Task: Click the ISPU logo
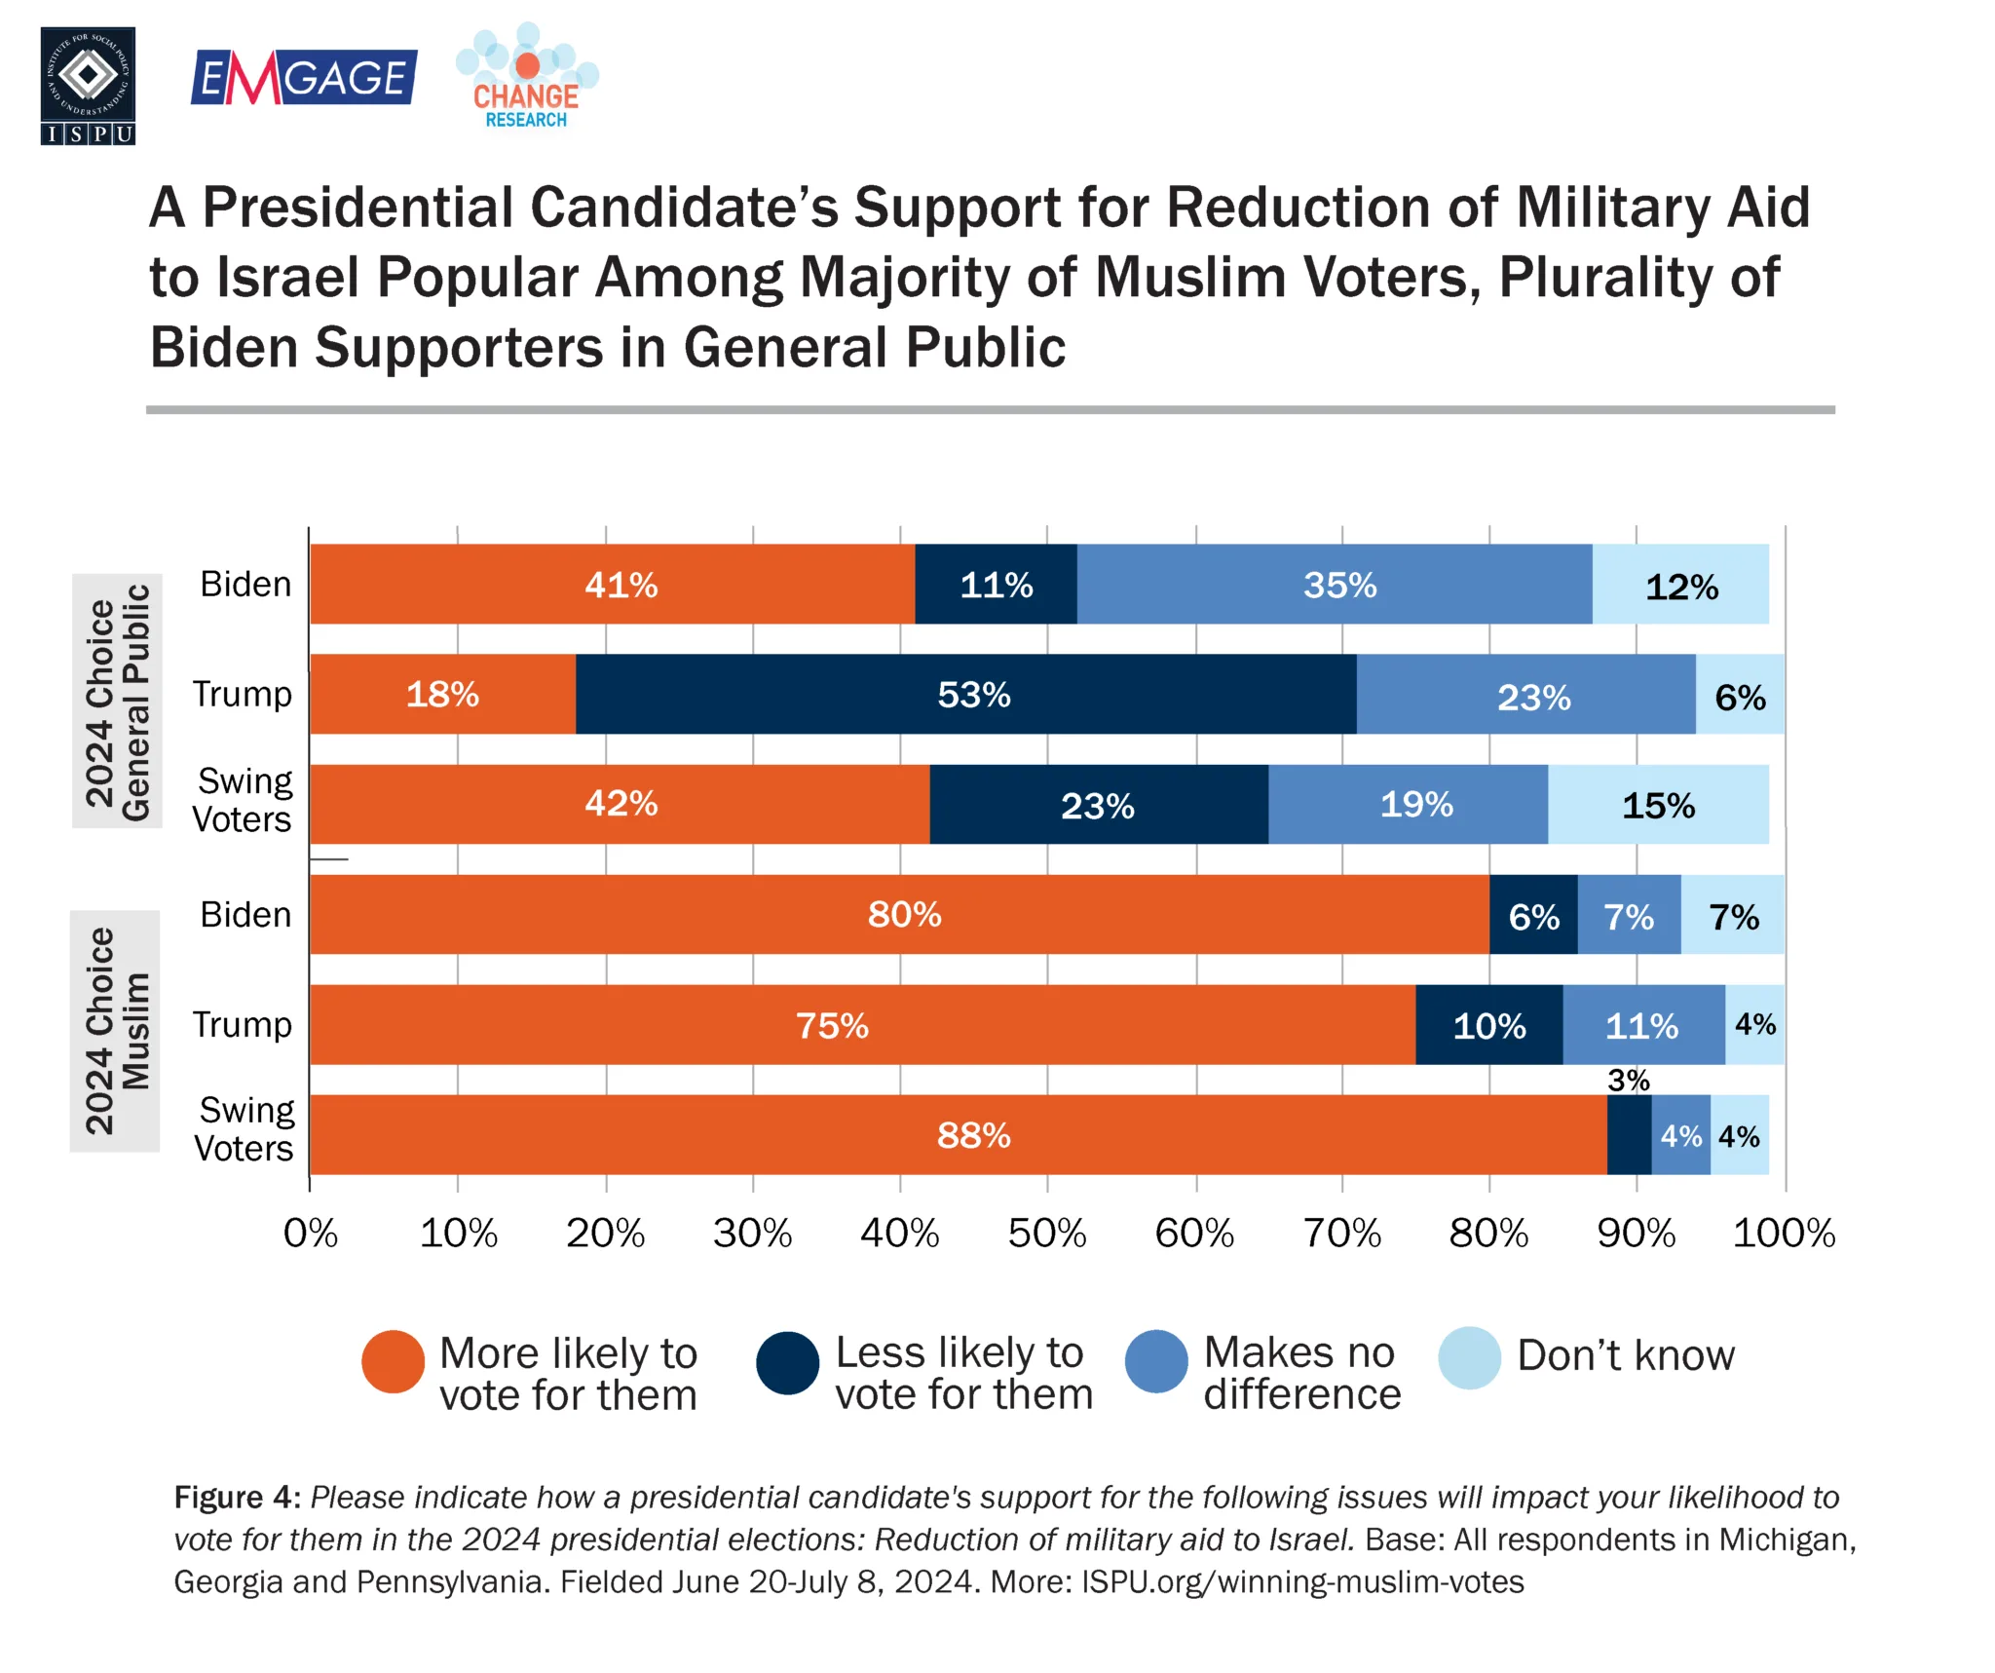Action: [x=88, y=86]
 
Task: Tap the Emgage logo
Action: [x=303, y=77]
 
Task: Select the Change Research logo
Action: [x=527, y=78]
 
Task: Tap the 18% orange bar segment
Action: [x=442, y=694]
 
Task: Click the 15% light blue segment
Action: [x=1657, y=805]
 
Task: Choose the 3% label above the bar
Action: [x=1628, y=1080]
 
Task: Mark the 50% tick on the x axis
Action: [x=1047, y=1234]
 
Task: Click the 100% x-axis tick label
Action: [x=1784, y=1234]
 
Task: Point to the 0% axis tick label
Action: [x=310, y=1234]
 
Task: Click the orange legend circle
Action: [x=393, y=1362]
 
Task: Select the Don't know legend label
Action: [x=1626, y=1355]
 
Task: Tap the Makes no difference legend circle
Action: [x=1156, y=1361]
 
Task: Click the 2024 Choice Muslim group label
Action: [x=116, y=1031]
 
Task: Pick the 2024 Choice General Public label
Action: [x=117, y=702]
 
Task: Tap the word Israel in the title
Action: [x=288, y=278]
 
